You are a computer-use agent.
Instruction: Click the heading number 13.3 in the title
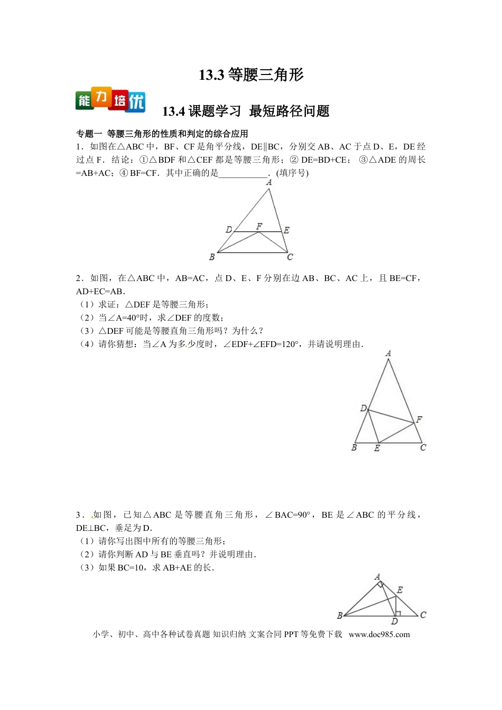pos(211,75)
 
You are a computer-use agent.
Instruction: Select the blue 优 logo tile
pos(136,101)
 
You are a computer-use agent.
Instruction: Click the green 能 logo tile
pos(84,100)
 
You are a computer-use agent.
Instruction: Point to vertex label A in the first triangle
pos(269,182)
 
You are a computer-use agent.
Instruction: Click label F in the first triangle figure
pos(259,226)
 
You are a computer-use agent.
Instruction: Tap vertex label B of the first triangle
pos(212,257)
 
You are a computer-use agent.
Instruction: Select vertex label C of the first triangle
pos(290,257)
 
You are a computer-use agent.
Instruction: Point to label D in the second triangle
pos(363,408)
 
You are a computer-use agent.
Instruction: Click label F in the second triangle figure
pos(419,419)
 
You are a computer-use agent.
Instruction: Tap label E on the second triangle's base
pos(377,448)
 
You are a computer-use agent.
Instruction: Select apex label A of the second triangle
pos(388,353)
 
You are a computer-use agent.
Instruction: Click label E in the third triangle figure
pos(399,590)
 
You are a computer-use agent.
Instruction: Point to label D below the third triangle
pos(394,621)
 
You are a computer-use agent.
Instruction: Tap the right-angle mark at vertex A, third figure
pos(380,585)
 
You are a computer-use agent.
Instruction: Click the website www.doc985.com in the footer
pos(379,634)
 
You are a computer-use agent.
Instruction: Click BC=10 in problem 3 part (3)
pos(131,567)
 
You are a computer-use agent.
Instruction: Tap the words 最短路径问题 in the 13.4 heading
pos(289,111)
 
